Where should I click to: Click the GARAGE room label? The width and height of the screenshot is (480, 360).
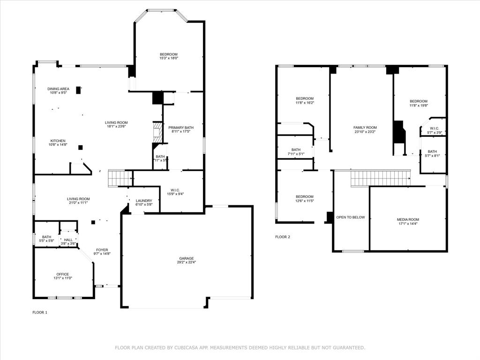click(x=186, y=258)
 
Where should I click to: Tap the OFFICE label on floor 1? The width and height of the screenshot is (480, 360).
click(x=63, y=274)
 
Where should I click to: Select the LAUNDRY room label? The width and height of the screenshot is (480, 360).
click(x=144, y=201)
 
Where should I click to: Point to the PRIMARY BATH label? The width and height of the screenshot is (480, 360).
click(x=181, y=127)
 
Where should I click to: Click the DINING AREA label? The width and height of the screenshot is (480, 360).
click(x=59, y=89)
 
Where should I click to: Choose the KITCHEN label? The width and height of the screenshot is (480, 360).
click(x=59, y=141)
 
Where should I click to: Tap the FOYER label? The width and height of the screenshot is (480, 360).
click(x=102, y=250)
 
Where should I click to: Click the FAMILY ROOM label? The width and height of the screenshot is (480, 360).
click(x=365, y=127)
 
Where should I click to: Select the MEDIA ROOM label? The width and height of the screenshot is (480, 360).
click(x=408, y=219)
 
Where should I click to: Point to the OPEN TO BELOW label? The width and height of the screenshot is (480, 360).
click(x=350, y=217)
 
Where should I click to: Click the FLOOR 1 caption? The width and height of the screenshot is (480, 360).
click(x=40, y=312)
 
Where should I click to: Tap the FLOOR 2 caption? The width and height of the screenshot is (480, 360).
click(x=283, y=237)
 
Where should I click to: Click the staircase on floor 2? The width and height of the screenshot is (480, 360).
click(x=380, y=179)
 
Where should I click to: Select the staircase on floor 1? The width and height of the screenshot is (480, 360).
click(x=120, y=179)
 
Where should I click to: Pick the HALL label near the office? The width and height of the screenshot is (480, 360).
click(x=68, y=240)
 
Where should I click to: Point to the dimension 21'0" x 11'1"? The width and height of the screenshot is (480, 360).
click(x=78, y=203)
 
